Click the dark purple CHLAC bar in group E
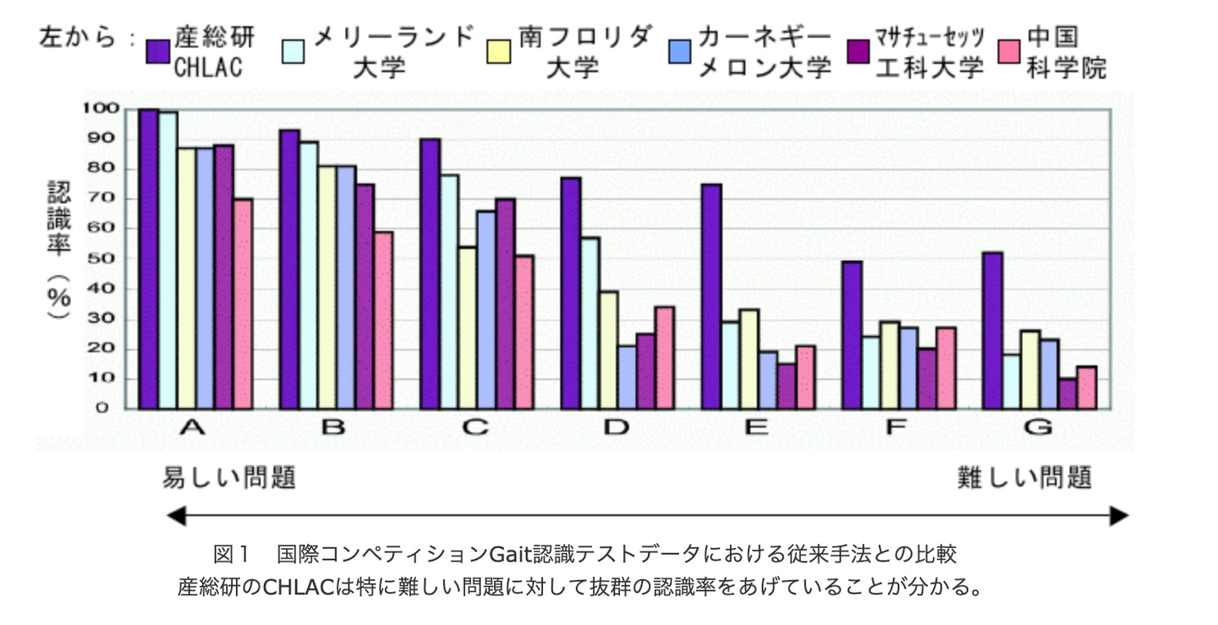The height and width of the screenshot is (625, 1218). pyautogui.click(x=711, y=296)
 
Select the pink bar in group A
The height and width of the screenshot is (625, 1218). pyautogui.click(x=243, y=304)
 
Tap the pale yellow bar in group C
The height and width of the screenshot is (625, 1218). pyautogui.click(x=467, y=328)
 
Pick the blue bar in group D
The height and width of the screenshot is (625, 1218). pyautogui.click(x=627, y=377)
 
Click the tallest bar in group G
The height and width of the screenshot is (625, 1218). pyautogui.click(x=993, y=331)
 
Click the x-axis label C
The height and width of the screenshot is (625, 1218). pyautogui.click(x=476, y=428)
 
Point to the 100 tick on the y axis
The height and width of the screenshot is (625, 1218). pyautogui.click(x=98, y=108)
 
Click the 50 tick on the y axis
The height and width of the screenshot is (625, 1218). pyautogui.click(x=103, y=259)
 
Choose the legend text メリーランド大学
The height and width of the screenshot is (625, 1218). pyautogui.click(x=393, y=51)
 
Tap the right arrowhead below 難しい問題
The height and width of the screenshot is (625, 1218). pyautogui.click(x=1118, y=515)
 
